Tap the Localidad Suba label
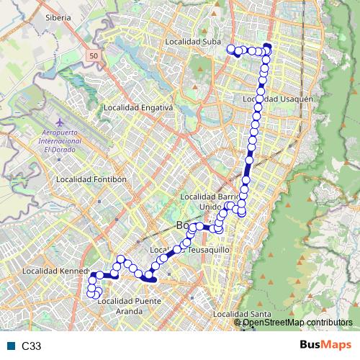193,42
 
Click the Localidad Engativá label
138,107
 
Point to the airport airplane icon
58,123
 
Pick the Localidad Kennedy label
54,271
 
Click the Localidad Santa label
241,314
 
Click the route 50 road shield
94,55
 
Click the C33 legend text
32,346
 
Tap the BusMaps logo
325,346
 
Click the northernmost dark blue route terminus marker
267,48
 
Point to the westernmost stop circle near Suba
231,49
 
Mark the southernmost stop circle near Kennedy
93,294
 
